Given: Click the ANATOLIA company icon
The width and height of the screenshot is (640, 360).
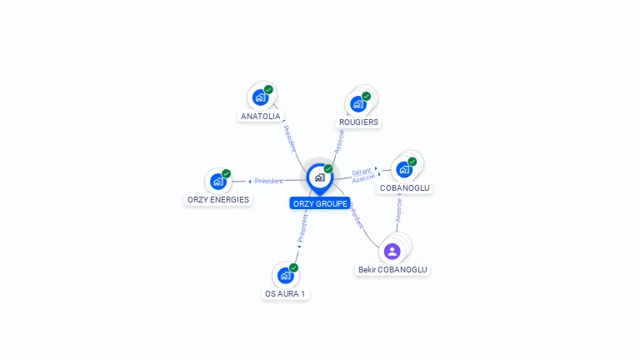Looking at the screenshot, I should [260, 97].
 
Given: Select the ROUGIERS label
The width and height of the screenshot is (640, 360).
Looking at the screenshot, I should [358, 122].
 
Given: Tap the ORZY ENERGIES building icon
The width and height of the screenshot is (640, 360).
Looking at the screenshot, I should [217, 182].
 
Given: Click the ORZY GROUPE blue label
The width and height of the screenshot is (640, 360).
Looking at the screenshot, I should [320, 203].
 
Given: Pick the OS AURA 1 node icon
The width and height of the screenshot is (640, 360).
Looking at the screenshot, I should [285, 275].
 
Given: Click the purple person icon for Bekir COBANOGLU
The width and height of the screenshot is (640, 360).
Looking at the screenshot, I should [392, 251].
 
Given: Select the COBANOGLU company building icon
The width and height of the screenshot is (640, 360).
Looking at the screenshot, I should [404, 169].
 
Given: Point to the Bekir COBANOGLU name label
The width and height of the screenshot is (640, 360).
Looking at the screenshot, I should [392, 270].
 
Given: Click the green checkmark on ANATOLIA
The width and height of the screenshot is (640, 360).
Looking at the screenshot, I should [268, 89].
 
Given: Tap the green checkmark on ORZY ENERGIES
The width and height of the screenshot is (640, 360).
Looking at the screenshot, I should [226, 173].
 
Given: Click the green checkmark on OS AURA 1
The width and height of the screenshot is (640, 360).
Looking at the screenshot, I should [293, 267].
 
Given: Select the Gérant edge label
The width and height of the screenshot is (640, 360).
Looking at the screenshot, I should [361, 172].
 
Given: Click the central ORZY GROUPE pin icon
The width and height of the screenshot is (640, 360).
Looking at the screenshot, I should [319, 177].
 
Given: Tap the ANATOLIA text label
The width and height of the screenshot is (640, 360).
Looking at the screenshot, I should [260, 117].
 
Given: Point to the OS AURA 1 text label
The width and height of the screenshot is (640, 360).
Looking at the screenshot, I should [285, 294].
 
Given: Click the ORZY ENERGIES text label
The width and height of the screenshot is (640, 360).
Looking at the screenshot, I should [217, 200].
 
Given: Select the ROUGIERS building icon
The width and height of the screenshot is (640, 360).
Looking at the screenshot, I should [358, 104].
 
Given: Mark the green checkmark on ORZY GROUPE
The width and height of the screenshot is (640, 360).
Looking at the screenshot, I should [328, 168].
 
